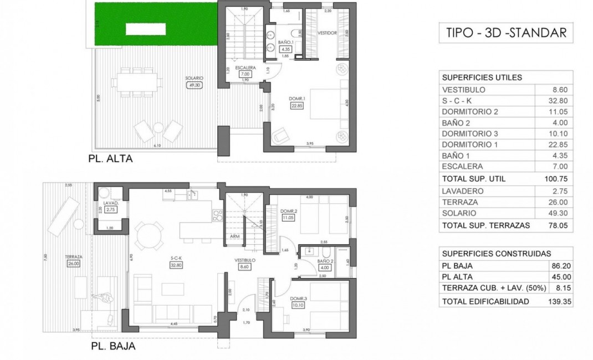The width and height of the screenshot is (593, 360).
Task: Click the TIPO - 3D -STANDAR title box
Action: [506, 33]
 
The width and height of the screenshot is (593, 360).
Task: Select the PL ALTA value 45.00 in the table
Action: [559, 277]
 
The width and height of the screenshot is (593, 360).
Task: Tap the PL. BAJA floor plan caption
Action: [113, 347]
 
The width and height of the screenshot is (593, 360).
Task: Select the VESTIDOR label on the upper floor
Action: [327, 33]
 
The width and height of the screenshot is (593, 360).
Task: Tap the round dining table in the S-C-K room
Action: [149, 233]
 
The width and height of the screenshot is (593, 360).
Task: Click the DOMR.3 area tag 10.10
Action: [298, 304]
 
